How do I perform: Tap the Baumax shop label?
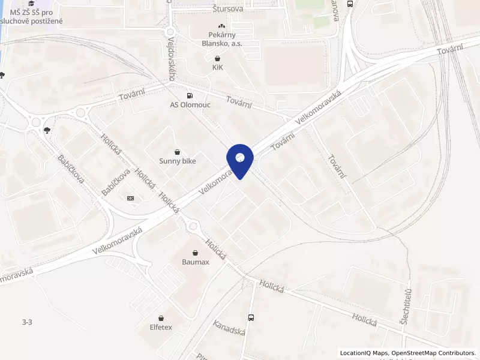196,262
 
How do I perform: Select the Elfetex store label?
161,327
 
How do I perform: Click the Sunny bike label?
177,161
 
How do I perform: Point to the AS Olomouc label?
190,104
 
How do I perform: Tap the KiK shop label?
217,67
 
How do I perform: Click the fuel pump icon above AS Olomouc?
190,94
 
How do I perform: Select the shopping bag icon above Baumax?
196,253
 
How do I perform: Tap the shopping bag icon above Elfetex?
161,318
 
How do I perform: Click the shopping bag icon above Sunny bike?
177,152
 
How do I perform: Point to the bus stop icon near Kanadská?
251,318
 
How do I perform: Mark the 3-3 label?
27,322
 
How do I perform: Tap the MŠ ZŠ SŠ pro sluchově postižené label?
36,17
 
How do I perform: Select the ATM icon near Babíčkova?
131,198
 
